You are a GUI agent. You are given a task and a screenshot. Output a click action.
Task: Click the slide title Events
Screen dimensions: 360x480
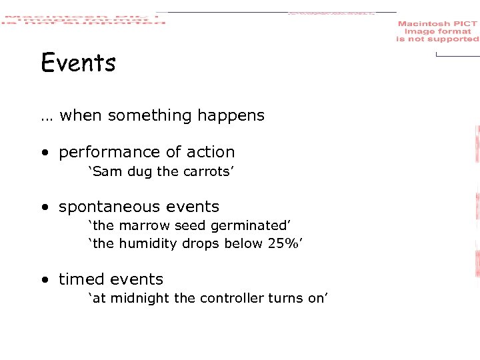(x=78, y=63)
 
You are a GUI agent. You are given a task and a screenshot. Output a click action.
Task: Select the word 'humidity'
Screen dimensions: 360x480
(x=144, y=243)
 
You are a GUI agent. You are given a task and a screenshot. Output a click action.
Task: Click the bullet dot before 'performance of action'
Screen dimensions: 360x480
(x=43, y=153)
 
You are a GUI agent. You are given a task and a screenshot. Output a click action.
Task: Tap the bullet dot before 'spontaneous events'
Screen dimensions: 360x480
(x=43, y=208)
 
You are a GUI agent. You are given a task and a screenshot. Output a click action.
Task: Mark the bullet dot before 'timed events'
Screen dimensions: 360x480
(x=43, y=280)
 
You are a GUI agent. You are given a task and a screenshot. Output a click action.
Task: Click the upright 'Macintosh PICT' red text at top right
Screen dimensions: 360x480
(x=437, y=24)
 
